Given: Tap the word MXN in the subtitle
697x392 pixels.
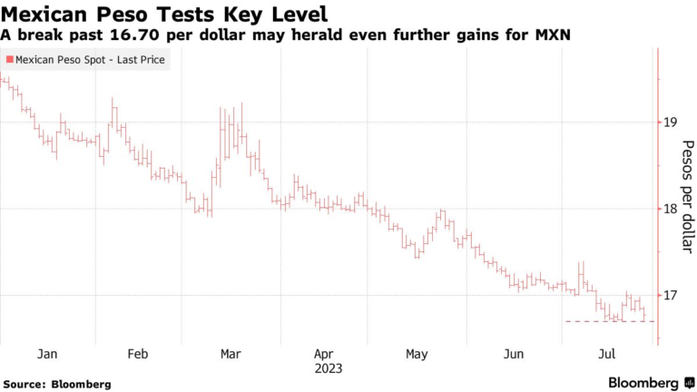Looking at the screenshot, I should [x=557, y=34].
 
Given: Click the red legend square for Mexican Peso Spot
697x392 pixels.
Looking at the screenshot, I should [x=10, y=59].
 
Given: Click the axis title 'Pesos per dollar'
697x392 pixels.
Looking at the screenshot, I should [x=688, y=196].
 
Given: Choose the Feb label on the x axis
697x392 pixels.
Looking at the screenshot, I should [x=137, y=354].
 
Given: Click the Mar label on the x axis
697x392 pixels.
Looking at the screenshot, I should [x=231, y=354].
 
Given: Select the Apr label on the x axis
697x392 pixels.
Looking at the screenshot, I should [x=324, y=354].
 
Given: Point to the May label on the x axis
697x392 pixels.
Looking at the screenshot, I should [x=417, y=354].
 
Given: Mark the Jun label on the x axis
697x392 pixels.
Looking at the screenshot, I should [x=514, y=354].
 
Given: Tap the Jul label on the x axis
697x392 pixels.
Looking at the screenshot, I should [x=606, y=354].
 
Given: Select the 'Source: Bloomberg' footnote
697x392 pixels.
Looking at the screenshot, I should [x=56, y=384].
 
